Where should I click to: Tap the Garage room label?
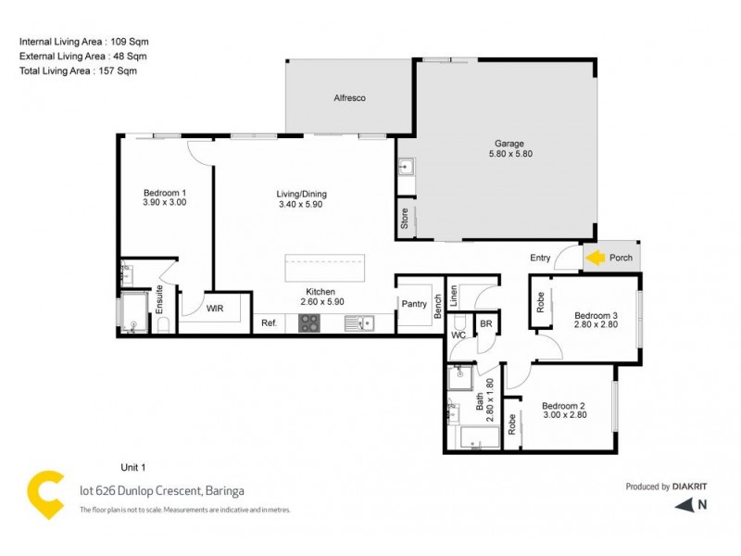(509, 144)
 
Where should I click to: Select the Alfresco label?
(350, 98)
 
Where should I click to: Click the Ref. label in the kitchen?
(269, 322)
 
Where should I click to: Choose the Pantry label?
(412, 303)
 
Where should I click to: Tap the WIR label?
(214, 308)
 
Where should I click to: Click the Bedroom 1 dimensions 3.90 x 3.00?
(165, 202)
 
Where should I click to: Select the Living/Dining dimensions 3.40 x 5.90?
(301, 204)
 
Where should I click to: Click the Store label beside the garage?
(405, 219)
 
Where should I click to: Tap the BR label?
(485, 324)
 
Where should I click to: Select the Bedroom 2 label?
(564, 406)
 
